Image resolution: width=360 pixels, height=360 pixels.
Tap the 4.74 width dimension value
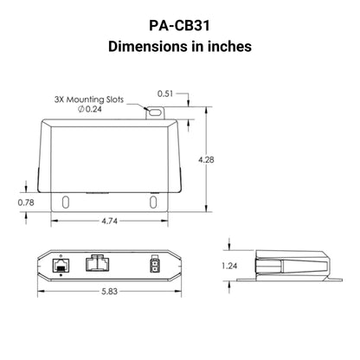point(109,220)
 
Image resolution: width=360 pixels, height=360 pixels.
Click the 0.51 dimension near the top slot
point(168,93)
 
